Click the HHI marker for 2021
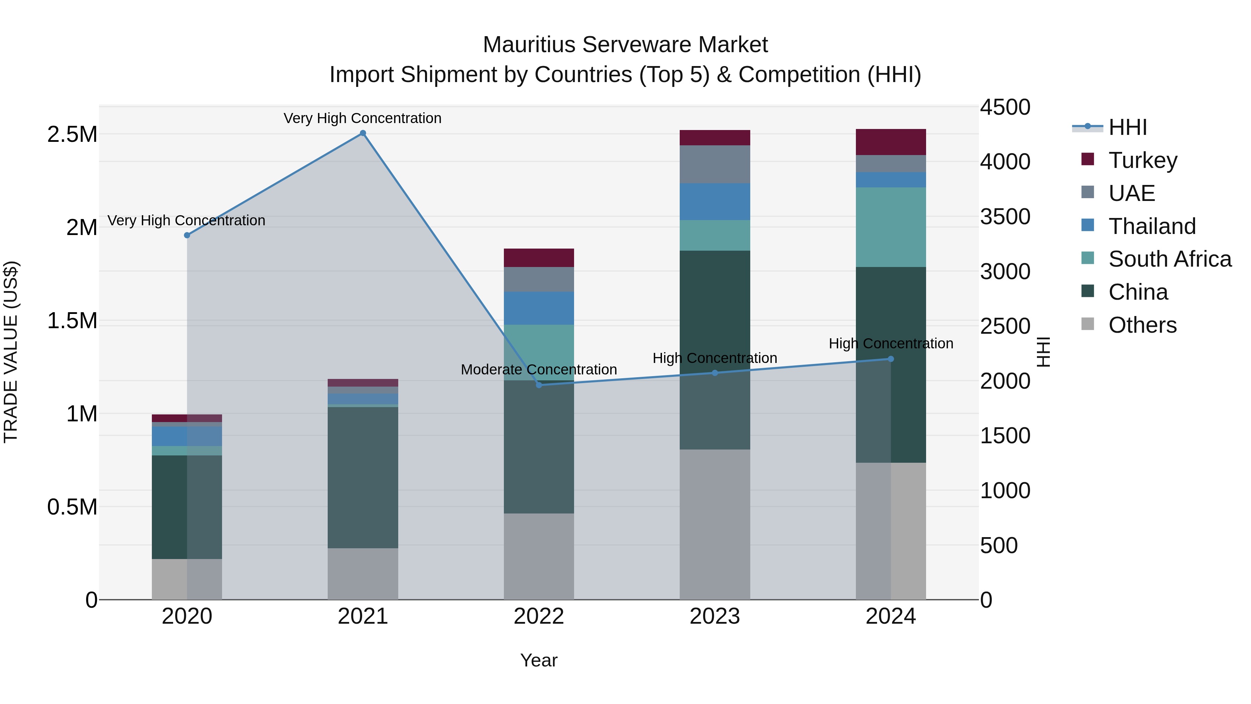coord(363,133)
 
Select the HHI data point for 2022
coord(539,385)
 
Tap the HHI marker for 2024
coord(891,359)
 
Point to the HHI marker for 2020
coord(187,235)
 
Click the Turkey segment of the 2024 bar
coord(891,142)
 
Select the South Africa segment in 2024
coord(891,227)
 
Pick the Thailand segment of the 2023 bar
coord(714,201)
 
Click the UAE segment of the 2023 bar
coord(714,164)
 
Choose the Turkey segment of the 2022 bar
coord(539,258)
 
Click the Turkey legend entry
coord(1143,160)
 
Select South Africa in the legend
coord(1169,259)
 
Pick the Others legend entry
coord(1142,325)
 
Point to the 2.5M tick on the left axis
coord(72,135)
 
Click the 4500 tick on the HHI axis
coord(1005,107)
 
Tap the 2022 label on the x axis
coord(539,616)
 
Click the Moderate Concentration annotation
coord(539,370)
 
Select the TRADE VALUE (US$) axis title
coord(11,352)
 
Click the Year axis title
coord(539,660)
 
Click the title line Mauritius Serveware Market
coord(625,45)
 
